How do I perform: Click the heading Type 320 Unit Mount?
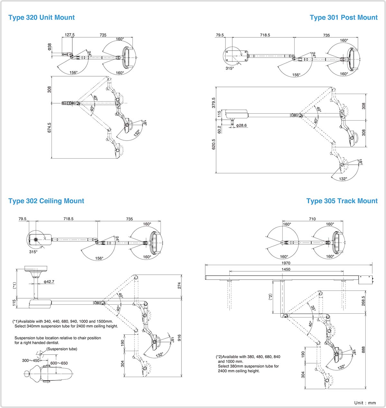click(x=41, y=17)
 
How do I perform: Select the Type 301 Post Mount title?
click(x=344, y=17)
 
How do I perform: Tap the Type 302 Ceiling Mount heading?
click(x=46, y=201)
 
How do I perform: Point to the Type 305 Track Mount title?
click(x=342, y=201)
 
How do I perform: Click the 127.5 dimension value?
click(x=69, y=35)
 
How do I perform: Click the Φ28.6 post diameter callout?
click(x=241, y=125)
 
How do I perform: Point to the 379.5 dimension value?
click(x=214, y=103)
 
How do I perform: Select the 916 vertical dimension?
click(x=179, y=338)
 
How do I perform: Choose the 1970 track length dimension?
click(x=286, y=263)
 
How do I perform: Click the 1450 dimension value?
click(x=286, y=270)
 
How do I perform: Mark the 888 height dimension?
click(x=363, y=350)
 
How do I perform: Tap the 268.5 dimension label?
click(x=363, y=301)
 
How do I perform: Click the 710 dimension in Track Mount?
click(x=312, y=219)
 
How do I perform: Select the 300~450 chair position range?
click(x=31, y=360)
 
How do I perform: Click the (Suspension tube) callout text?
click(x=62, y=349)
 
